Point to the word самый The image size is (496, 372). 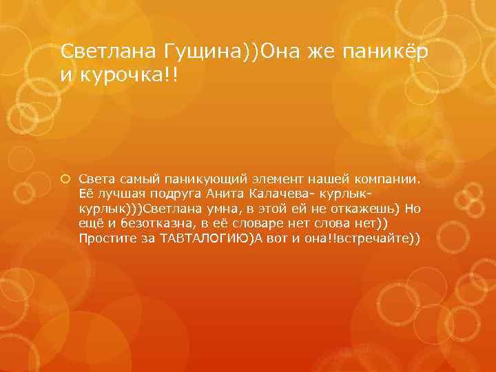(x=125, y=179)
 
